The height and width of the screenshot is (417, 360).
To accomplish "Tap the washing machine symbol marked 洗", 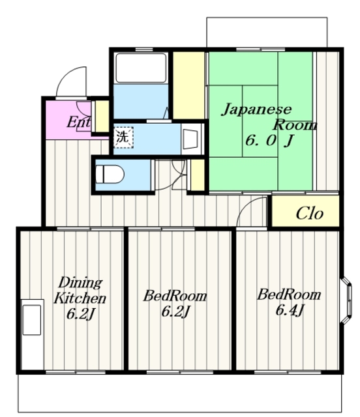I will coord(122,137).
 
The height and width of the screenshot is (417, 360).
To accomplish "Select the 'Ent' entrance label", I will coord(79,122).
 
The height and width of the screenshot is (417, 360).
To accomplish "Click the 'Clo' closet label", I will coord(309,214).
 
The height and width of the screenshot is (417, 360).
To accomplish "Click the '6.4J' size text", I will coord(290,310).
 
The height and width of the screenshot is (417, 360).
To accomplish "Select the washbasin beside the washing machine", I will coord(190,138).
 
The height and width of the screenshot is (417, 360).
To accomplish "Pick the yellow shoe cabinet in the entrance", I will coord(102,116).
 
